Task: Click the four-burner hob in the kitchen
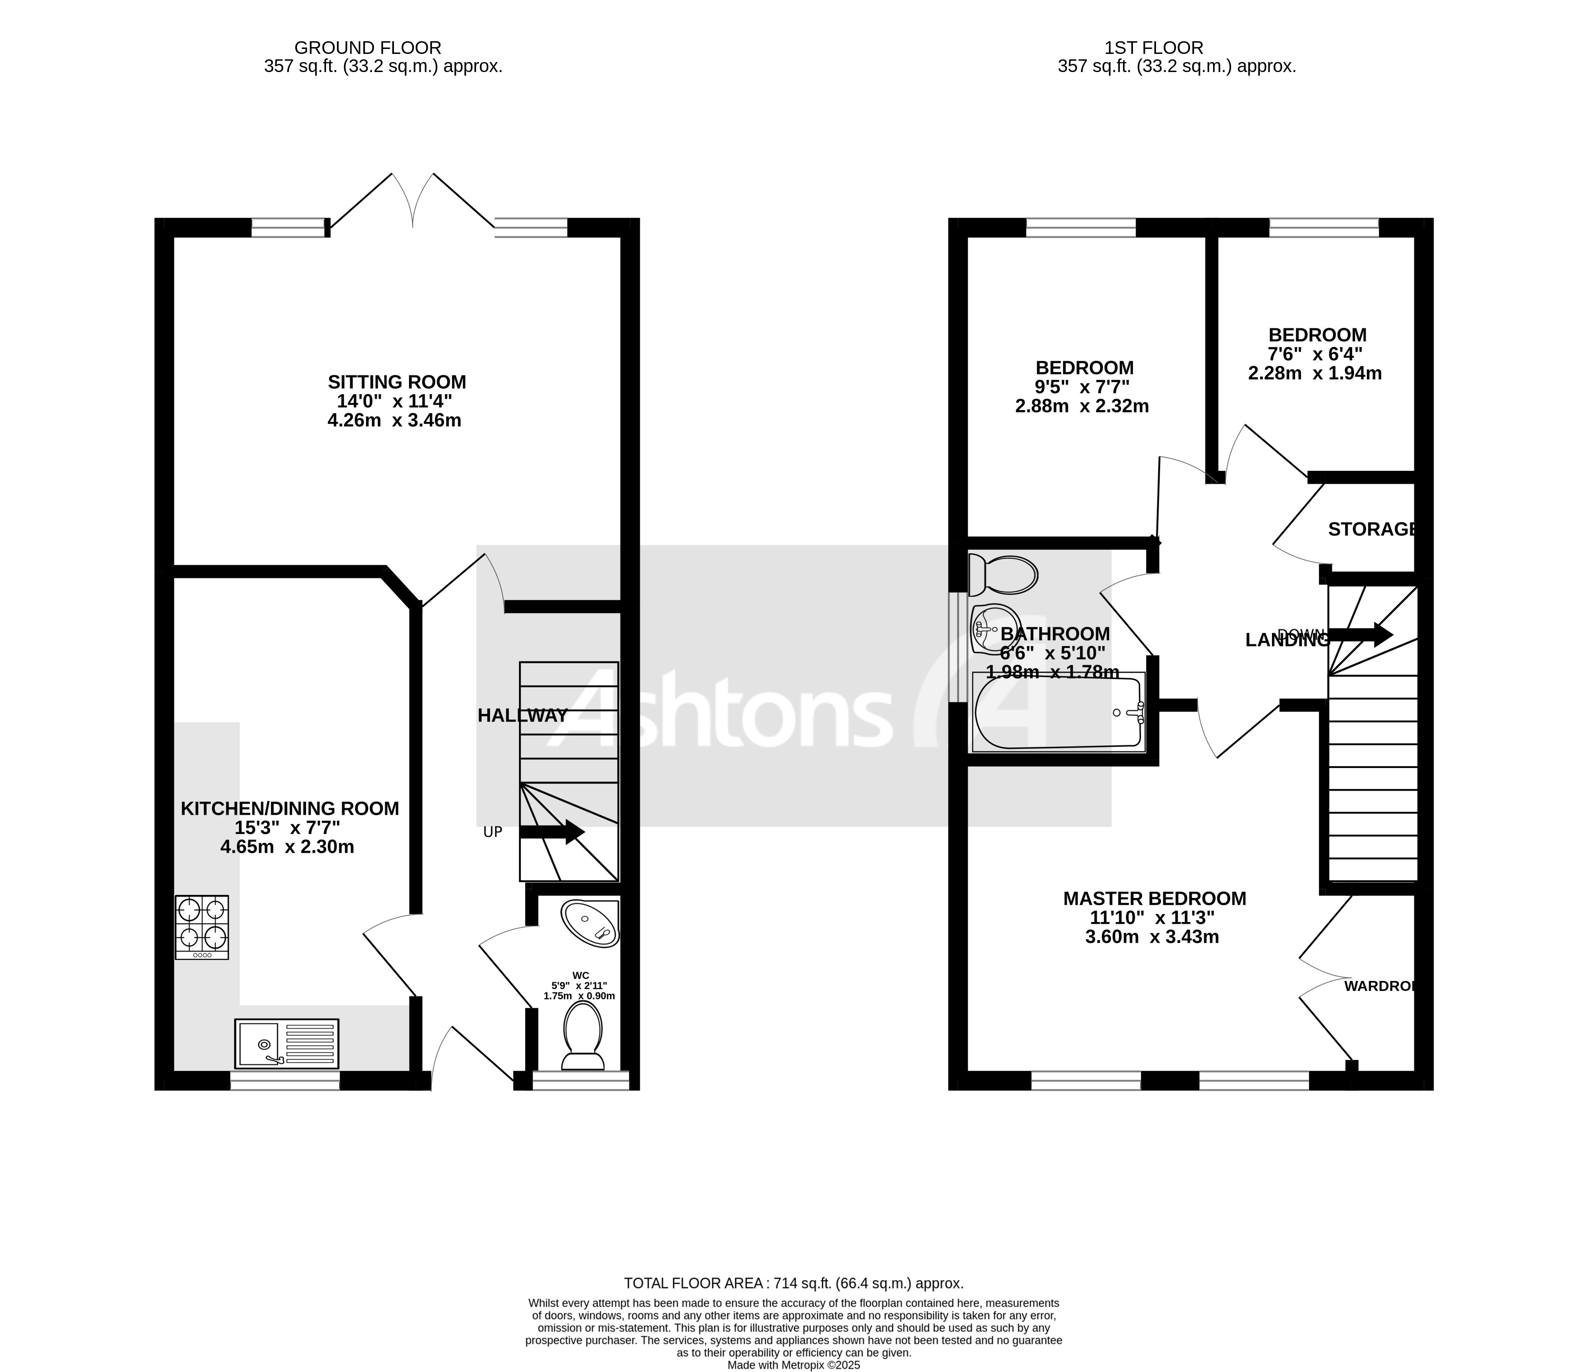point(201,927)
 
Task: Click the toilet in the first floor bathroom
point(1003,575)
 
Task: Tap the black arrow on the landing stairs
point(1360,634)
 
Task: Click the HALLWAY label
point(522,715)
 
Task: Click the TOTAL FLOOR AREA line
point(793,1283)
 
